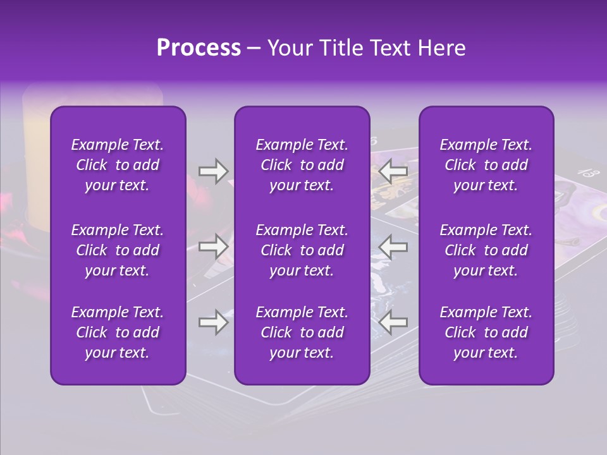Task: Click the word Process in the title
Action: [199, 48]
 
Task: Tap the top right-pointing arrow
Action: [213, 171]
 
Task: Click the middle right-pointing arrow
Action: [213, 246]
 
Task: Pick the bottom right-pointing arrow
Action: [213, 322]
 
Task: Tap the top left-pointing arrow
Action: [393, 171]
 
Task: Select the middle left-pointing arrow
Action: [393, 246]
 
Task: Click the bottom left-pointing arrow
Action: [393, 322]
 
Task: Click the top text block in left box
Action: [118, 165]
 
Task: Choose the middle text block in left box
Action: [118, 250]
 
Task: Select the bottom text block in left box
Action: [118, 332]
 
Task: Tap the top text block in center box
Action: [302, 165]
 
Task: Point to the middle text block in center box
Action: [302, 250]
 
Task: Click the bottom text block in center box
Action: [302, 332]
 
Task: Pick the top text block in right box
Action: [486, 165]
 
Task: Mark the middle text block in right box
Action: [486, 250]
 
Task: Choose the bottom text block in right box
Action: [486, 332]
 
